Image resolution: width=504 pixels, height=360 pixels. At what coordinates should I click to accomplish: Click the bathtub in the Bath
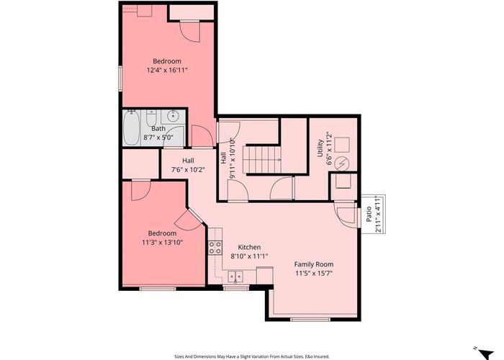click(x=131, y=127)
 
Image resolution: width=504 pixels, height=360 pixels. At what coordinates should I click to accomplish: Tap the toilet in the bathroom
click(x=151, y=117)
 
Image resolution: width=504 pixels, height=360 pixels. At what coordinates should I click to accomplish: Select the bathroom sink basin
click(x=174, y=116)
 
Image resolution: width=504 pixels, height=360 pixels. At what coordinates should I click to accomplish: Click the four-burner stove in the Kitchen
click(x=215, y=248)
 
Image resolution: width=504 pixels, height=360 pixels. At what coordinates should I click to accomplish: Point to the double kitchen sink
click(x=235, y=276)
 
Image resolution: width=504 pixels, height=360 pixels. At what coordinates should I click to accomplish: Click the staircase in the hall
click(x=261, y=160)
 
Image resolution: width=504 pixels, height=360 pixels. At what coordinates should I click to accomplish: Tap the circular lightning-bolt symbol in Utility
click(x=341, y=164)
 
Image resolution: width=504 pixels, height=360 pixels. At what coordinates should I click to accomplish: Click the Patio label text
click(x=369, y=214)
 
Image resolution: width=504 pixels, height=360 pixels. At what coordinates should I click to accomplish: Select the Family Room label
click(x=314, y=264)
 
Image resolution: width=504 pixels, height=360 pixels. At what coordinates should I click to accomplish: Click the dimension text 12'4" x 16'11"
click(x=167, y=70)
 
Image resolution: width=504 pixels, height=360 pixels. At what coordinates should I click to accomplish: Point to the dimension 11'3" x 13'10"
click(x=162, y=242)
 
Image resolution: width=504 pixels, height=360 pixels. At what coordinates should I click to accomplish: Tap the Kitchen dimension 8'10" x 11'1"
click(x=249, y=256)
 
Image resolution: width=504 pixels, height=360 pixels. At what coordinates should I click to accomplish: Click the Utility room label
click(x=320, y=148)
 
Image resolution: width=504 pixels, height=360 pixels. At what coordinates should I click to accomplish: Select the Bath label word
click(x=158, y=129)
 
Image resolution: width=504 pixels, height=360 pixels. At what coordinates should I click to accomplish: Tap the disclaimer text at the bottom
click(x=252, y=356)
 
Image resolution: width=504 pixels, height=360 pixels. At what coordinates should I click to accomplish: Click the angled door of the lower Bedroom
click(x=189, y=219)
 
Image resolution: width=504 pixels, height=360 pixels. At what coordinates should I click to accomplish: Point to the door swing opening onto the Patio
click(x=346, y=215)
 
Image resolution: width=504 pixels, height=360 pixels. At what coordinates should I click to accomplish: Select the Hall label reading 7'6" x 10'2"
click(x=188, y=165)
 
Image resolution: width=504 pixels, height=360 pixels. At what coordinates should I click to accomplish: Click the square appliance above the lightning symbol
click(x=342, y=145)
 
